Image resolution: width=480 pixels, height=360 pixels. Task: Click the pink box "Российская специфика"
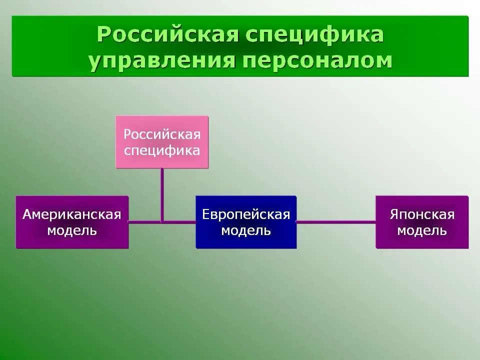tap(162, 142)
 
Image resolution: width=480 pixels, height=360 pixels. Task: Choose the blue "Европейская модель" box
tap(246, 222)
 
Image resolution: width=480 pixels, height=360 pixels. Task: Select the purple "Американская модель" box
tap(72, 222)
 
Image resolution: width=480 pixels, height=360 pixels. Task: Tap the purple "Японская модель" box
tap(422, 222)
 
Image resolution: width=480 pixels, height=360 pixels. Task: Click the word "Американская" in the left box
tap(72, 214)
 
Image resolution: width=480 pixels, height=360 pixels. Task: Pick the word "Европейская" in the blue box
tap(246, 214)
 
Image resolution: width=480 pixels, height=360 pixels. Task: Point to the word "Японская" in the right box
tap(422, 214)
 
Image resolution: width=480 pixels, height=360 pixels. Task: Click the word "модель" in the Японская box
tap(422, 230)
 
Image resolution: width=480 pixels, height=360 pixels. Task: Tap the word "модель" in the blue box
tap(246, 230)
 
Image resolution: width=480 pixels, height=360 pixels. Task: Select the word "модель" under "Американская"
tap(72, 230)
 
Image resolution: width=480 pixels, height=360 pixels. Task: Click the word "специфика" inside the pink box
tap(162, 150)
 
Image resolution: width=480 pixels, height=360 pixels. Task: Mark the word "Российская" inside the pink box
tap(162, 134)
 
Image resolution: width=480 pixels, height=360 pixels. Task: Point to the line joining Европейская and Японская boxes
tap(336, 221)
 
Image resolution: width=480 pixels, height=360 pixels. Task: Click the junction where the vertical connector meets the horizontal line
tap(162, 221)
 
